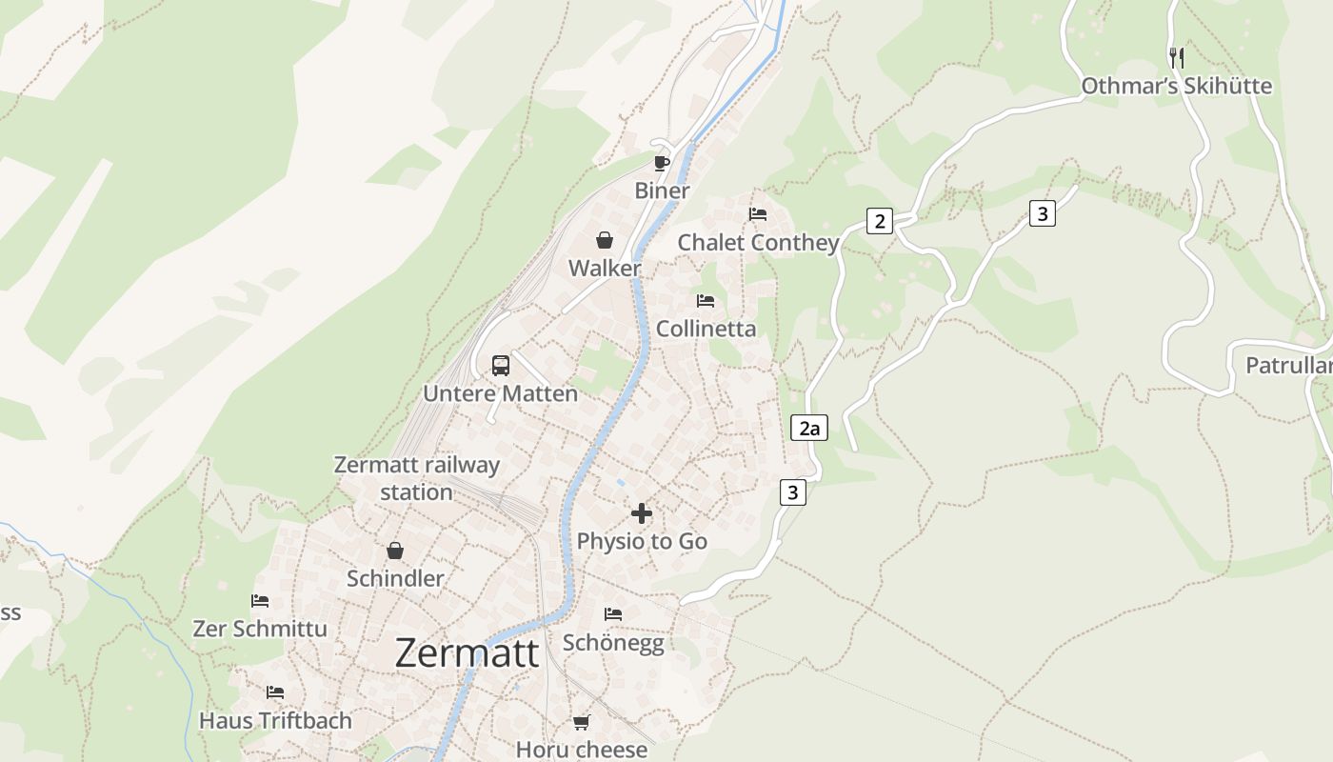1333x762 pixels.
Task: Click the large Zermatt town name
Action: [x=467, y=653]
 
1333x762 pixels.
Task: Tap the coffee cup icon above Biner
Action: [x=662, y=163]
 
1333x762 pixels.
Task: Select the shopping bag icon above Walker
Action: [x=605, y=240]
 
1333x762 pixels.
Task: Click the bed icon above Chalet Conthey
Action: [x=758, y=214]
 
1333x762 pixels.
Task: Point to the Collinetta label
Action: [x=706, y=329]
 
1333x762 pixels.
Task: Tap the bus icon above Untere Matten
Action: [x=500, y=365]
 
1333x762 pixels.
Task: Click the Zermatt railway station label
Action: [x=416, y=478]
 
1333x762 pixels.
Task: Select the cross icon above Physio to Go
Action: [x=642, y=513]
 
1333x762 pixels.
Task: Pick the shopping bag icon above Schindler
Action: [x=394, y=551]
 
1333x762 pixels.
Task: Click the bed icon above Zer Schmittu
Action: [x=260, y=601]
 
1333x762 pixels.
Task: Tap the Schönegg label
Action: [x=613, y=642]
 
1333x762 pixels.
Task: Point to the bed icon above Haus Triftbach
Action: [x=275, y=692]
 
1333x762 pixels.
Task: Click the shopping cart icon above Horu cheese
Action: [x=581, y=722]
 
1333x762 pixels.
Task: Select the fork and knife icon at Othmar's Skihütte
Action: [x=1176, y=58]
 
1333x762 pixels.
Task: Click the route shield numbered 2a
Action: [x=808, y=429]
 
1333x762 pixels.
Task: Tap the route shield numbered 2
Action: [x=879, y=222]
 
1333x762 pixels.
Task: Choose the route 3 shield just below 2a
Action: [x=792, y=492]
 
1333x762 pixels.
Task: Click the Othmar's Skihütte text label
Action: [x=1176, y=86]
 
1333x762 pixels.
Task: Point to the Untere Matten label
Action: [x=500, y=393]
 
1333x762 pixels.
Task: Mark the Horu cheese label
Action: [x=581, y=750]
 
